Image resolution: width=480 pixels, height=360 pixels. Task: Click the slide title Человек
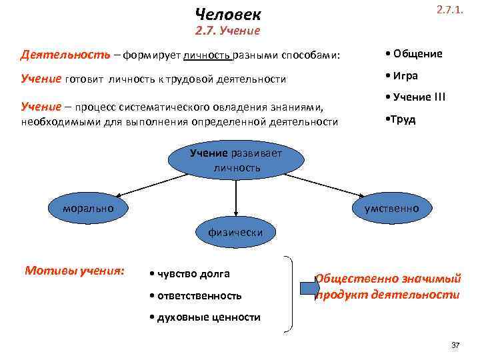click(229, 14)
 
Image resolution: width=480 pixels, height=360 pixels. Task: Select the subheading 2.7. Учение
click(227, 31)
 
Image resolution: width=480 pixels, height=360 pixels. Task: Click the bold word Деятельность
click(56, 54)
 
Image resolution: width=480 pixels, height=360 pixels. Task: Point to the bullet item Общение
click(414, 54)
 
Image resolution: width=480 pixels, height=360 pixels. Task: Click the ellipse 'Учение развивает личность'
click(237, 160)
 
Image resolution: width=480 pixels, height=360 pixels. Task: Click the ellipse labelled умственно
click(392, 209)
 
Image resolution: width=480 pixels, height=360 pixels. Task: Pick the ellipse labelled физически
click(235, 232)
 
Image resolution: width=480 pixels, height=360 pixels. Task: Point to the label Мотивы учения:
click(75, 271)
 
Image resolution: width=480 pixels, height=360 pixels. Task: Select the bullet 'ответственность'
click(196, 295)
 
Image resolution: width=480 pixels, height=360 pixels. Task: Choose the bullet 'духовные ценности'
click(205, 317)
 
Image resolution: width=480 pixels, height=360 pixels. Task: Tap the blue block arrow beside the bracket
click(308, 288)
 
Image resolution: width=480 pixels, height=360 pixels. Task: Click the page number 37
click(455, 345)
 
